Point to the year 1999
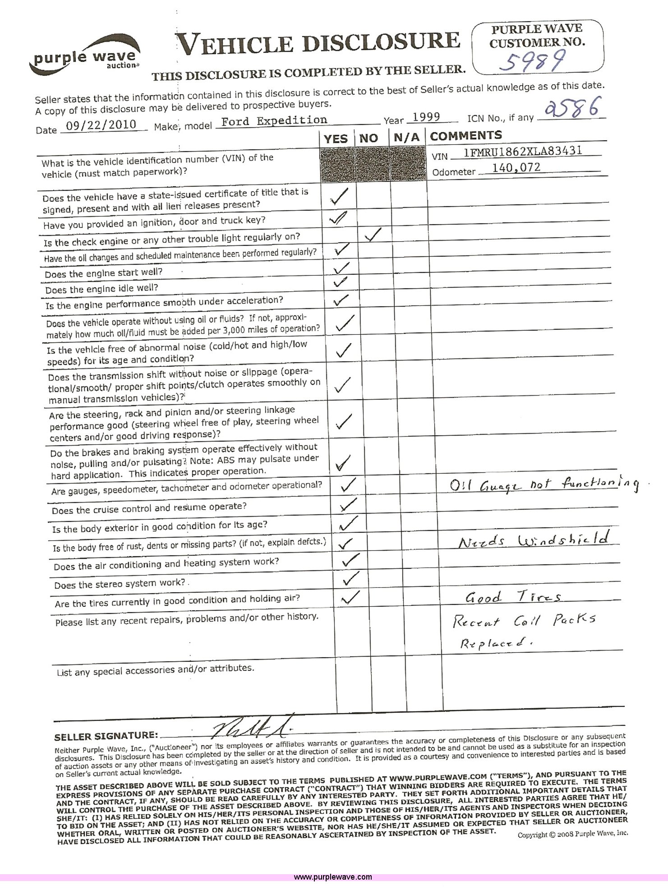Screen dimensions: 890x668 pos(426,117)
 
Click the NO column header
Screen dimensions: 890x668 pos(369,138)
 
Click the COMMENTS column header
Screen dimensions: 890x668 pos(466,135)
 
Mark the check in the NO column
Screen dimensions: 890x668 pos(373,235)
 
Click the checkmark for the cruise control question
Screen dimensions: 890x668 pos(348,504)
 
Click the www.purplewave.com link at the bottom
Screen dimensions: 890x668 pos(333,877)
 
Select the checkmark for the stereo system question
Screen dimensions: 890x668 pos(350,578)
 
